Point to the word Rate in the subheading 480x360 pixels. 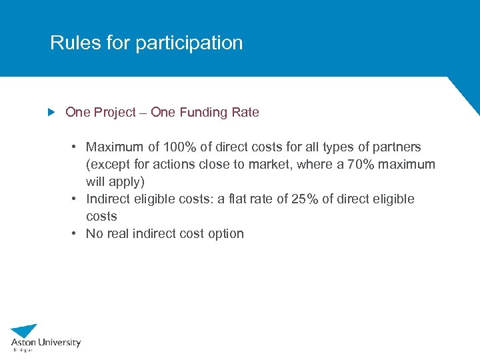click(245, 113)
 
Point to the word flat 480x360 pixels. click(255, 199)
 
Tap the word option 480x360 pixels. click(225, 233)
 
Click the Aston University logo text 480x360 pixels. click(45, 343)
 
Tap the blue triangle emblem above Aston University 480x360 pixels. click(25, 330)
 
